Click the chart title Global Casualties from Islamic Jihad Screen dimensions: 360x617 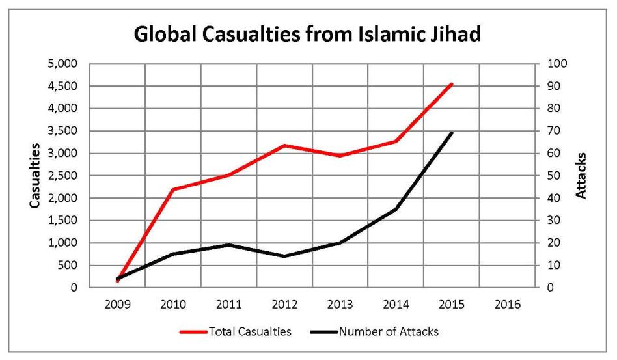[308, 35]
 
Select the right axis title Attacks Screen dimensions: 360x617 [581, 176]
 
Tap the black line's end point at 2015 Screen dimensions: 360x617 [452, 133]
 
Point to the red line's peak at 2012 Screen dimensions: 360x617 [284, 145]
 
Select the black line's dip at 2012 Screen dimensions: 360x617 [284, 256]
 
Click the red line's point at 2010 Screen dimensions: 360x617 [173, 189]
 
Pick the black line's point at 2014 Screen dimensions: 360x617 [396, 209]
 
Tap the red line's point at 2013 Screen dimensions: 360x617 [340, 156]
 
